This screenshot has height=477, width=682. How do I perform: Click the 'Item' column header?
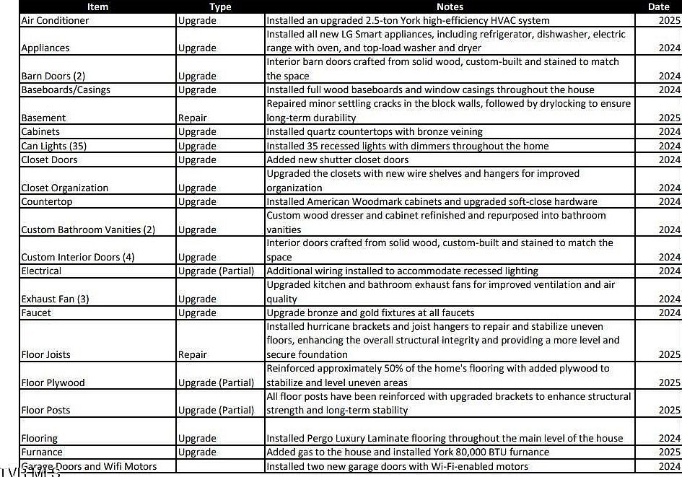tap(97, 6)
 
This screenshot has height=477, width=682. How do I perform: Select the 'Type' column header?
tap(220, 6)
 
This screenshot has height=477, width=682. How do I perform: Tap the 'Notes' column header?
tap(450, 6)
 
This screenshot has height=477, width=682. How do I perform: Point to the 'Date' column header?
tap(658, 6)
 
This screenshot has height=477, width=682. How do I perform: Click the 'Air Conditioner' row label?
tap(56, 20)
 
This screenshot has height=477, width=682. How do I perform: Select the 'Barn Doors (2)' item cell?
tap(53, 76)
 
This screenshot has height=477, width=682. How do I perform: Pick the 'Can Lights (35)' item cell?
tap(54, 146)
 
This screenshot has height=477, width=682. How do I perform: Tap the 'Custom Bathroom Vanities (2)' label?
tap(88, 229)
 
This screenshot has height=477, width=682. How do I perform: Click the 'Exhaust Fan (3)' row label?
tap(56, 299)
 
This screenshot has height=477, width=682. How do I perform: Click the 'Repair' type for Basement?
tap(193, 118)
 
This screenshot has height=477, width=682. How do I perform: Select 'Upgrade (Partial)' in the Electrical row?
tap(216, 271)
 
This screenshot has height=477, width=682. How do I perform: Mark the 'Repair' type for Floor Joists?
tap(193, 354)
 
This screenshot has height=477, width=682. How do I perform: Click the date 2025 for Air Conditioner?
tap(669, 20)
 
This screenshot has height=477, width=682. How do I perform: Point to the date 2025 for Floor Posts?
tap(669, 410)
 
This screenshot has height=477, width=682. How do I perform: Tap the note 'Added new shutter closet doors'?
tap(338, 159)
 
